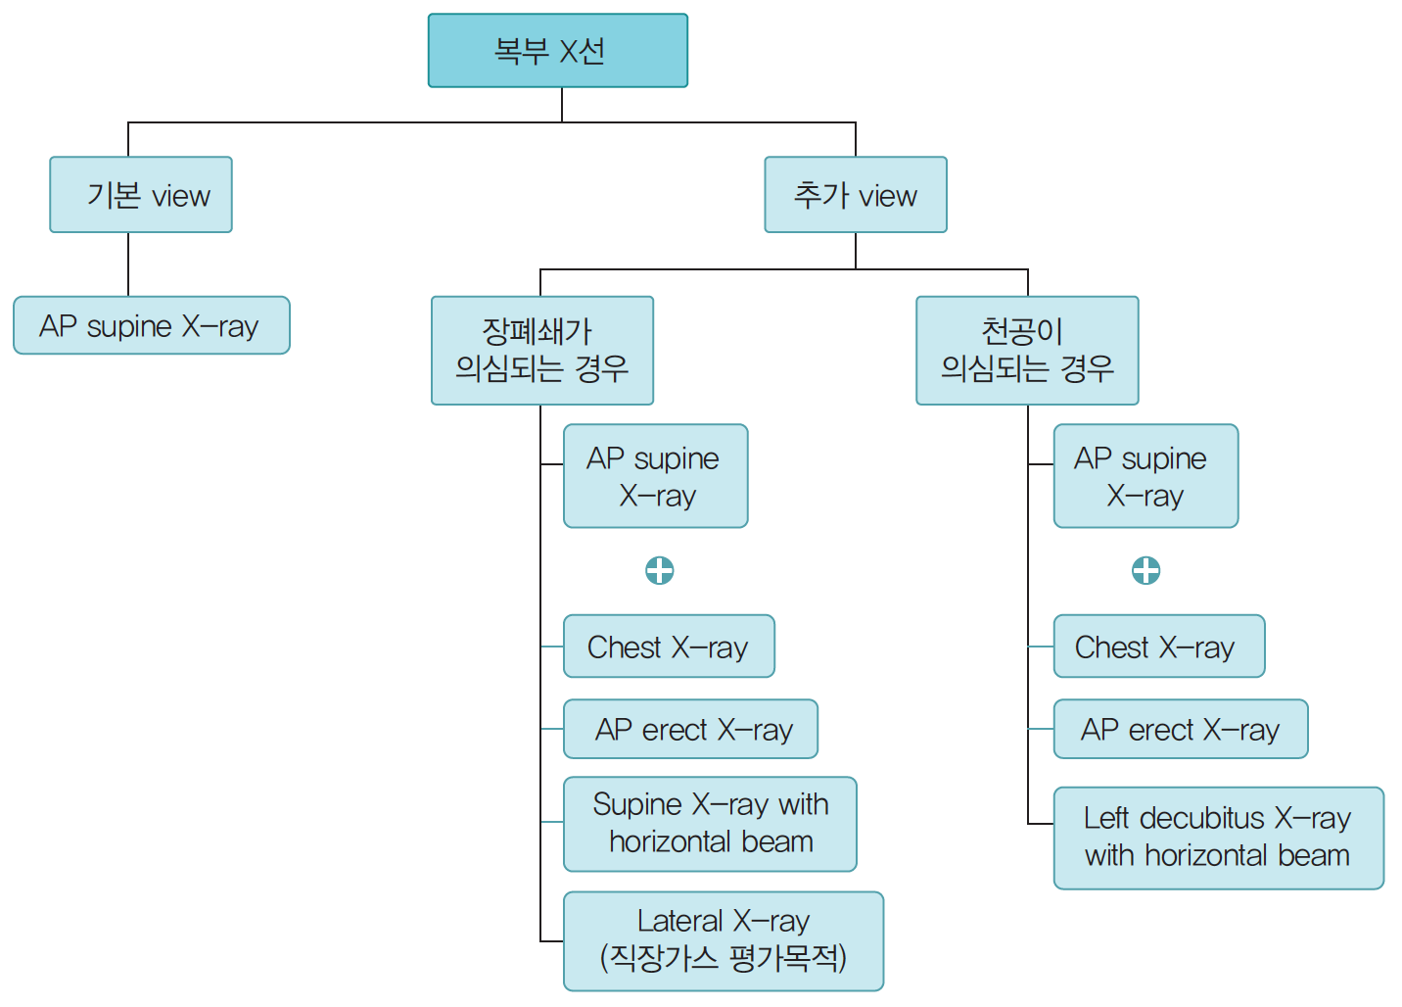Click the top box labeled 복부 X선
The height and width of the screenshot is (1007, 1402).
(x=557, y=50)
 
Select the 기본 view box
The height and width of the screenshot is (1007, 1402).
(x=141, y=195)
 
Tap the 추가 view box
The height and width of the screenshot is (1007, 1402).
(x=855, y=195)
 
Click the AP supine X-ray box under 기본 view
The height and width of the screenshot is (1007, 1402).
(x=151, y=325)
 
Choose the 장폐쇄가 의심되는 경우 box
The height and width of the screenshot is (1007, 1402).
(x=541, y=350)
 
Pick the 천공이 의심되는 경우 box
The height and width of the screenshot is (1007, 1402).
(x=1027, y=350)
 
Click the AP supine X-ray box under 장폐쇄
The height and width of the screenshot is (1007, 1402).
(x=655, y=476)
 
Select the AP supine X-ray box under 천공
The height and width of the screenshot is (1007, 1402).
(x=1145, y=476)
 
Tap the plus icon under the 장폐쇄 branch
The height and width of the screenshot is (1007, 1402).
(x=660, y=570)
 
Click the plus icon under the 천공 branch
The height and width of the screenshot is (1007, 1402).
(x=1145, y=570)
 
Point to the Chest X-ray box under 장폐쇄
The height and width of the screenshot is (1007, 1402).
(x=669, y=647)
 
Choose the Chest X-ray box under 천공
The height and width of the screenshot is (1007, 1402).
(x=1158, y=647)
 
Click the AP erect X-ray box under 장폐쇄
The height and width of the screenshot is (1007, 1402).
(x=690, y=729)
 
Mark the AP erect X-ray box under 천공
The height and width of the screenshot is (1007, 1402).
(x=1180, y=729)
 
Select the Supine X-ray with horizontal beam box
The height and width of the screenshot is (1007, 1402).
(x=710, y=823)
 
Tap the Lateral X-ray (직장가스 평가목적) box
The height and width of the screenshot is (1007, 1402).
(x=723, y=940)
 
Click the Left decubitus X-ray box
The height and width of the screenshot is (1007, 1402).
(x=1218, y=838)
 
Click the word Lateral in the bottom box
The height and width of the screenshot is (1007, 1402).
(x=679, y=921)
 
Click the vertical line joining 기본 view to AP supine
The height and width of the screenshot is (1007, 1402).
(x=128, y=264)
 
